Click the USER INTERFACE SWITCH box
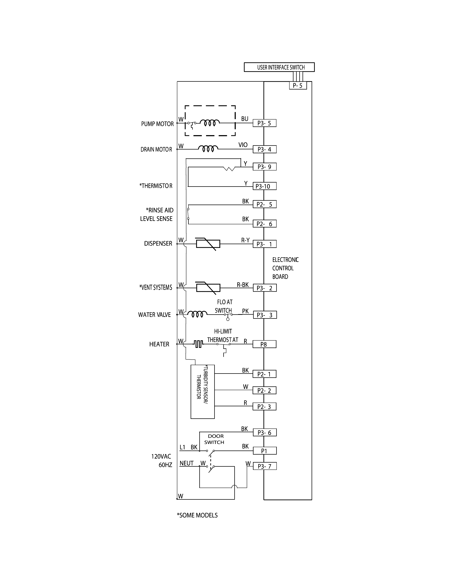[279, 67]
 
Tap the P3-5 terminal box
[264, 123]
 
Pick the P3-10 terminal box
[264, 186]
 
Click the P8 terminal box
[264, 344]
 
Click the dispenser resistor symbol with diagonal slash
[208, 244]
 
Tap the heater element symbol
[198, 344]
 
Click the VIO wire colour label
[243, 145]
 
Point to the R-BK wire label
[243, 285]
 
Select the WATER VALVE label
[154, 315]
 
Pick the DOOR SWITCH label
[215, 439]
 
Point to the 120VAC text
[161, 456]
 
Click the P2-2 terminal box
[264, 390]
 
